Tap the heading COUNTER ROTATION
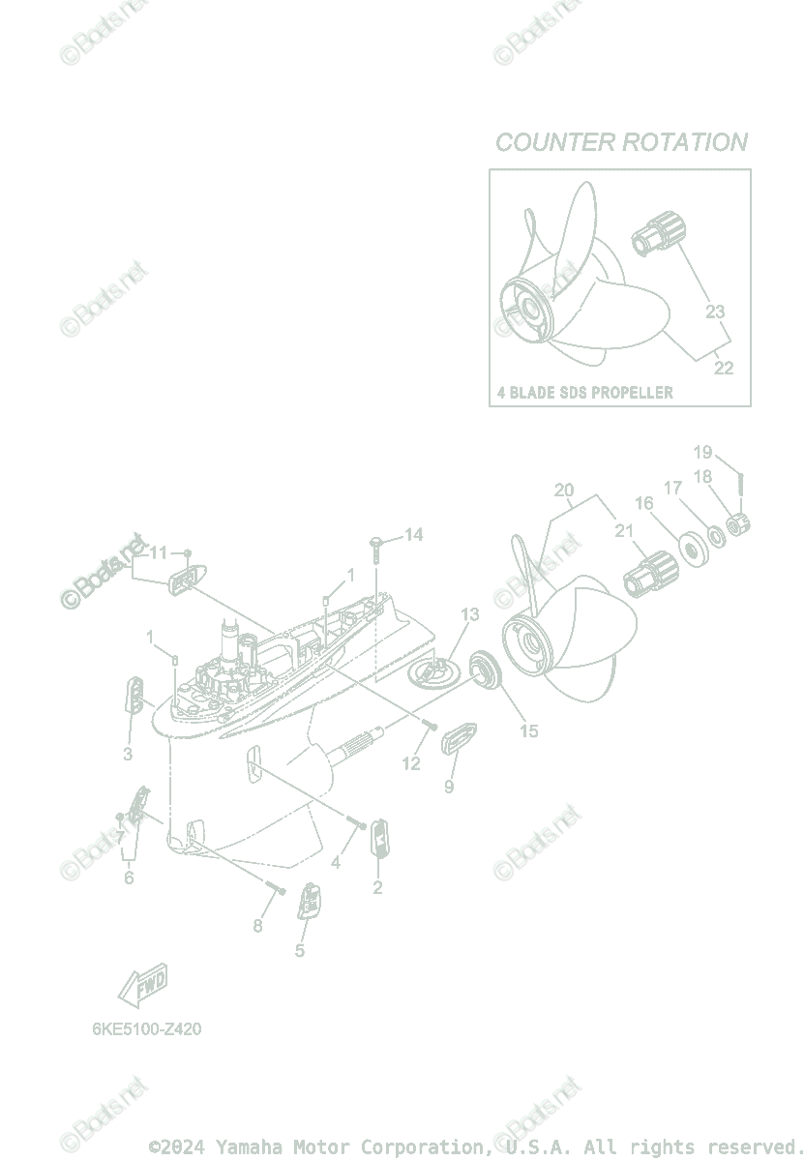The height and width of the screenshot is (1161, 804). (621, 142)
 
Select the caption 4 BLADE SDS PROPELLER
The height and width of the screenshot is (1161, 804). (584, 393)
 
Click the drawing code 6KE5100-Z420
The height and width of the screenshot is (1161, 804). (147, 1029)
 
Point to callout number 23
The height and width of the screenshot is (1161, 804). (714, 312)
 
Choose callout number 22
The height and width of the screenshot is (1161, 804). (723, 368)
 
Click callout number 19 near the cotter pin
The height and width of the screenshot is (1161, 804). (702, 452)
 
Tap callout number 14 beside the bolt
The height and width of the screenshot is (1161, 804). (413, 534)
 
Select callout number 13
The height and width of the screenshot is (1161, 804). (469, 614)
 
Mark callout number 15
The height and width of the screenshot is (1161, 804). (528, 731)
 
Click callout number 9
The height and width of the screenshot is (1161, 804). (449, 787)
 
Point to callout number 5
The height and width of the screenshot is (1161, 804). (300, 950)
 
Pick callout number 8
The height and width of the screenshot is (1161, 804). (257, 926)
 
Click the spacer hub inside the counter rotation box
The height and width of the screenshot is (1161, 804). (662, 234)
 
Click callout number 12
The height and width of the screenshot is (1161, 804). (411, 763)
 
